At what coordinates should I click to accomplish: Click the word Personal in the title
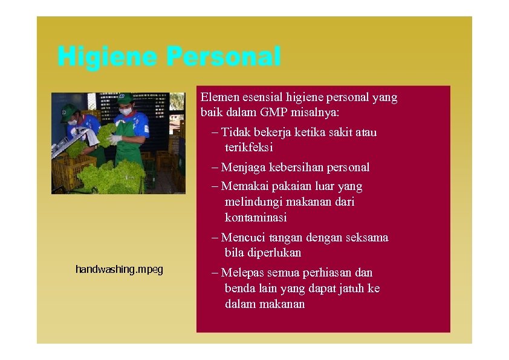tap(223, 57)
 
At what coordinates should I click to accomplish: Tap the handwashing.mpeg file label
tap(119, 269)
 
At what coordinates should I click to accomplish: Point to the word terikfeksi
tap(249, 147)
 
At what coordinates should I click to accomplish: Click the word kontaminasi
tap(256, 217)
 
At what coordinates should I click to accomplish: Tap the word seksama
tap(366, 237)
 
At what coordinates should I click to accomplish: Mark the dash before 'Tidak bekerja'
tap(216, 133)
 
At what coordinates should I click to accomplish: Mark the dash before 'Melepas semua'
tap(216, 273)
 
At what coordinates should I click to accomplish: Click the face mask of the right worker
tap(126, 111)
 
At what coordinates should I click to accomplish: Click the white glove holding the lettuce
tap(114, 139)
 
